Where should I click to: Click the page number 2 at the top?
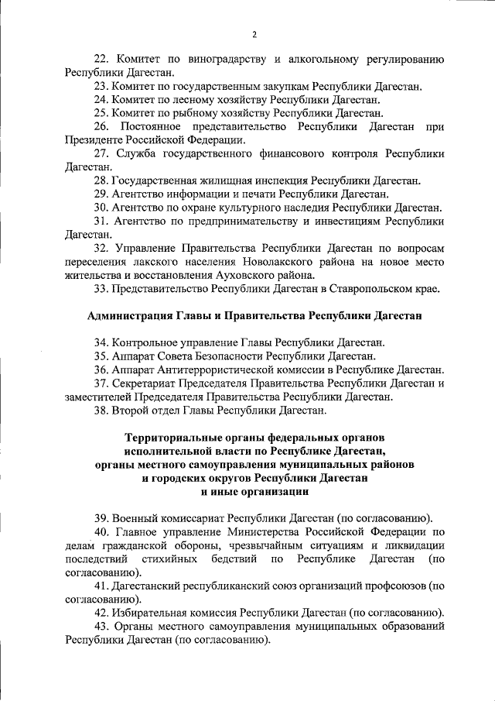tap(254, 34)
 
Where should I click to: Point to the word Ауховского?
tap(236, 275)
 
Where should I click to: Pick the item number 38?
tap(102, 411)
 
